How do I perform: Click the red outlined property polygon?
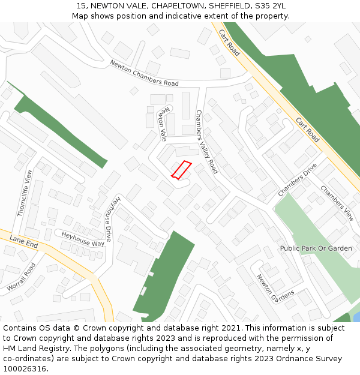181,170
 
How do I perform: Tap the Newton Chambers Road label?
144,73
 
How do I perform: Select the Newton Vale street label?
162,125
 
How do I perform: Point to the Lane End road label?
24,242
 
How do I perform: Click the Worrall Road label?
21,277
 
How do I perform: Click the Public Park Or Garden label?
316,248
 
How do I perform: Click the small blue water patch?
356,316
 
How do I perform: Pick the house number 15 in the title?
81,6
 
